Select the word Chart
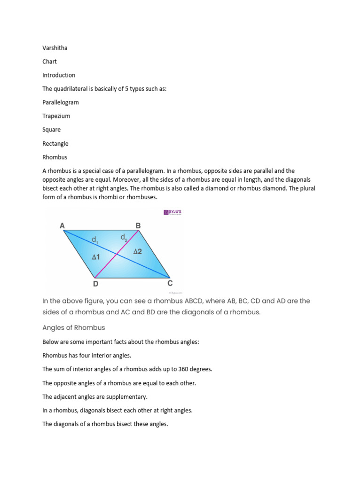pyautogui.click(x=49, y=62)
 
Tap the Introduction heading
pyautogui.click(x=59, y=75)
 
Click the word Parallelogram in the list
pyautogui.click(x=61, y=102)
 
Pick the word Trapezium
pyautogui.click(x=56, y=116)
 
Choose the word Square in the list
pyautogui.click(x=51, y=130)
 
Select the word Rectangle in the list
pyautogui.click(x=55, y=144)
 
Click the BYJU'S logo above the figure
pyautogui.click(x=172, y=212)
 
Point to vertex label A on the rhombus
pyautogui.click(x=62, y=226)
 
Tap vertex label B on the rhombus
pyautogui.click(x=138, y=226)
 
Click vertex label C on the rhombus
pyautogui.click(x=170, y=284)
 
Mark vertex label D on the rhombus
pyautogui.click(x=95, y=284)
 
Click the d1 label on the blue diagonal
pyautogui.click(x=95, y=240)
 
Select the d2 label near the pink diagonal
pyautogui.click(x=124, y=238)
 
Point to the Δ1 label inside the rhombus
pyautogui.click(x=96, y=257)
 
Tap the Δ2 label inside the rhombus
pyautogui.click(x=138, y=252)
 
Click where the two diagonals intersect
pyautogui.click(x=117, y=254)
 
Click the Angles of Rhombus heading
pyautogui.click(x=74, y=327)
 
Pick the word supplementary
pyautogui.click(x=127, y=397)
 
